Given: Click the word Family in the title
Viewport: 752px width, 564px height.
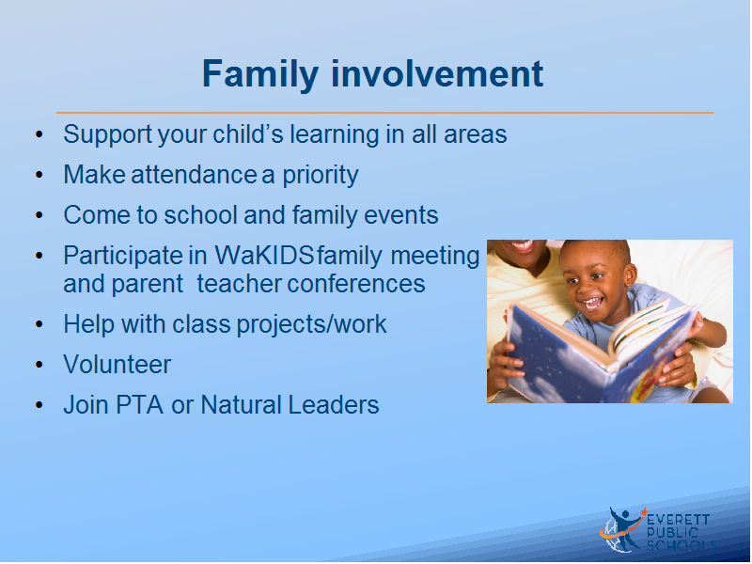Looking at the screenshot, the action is pos(260,74).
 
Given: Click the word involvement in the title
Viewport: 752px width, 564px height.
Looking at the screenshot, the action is pos(437,73).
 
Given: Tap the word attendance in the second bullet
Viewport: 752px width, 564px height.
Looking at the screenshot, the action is pos(194,175).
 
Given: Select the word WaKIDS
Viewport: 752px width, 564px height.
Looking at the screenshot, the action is pos(264,256).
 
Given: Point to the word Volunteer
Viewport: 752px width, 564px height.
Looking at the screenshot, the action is pos(117,365).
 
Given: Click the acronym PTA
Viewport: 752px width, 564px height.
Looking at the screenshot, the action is pos(139,405).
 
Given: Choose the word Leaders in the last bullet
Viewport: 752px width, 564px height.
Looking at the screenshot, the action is pos(334,405).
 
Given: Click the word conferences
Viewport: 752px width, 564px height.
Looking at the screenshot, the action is pos(356,284).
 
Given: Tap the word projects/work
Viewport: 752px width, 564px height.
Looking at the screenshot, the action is pos(312,324).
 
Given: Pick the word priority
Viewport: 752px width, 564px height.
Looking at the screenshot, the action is pos(320,176).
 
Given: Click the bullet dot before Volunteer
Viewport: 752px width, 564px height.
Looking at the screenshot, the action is pos(39,365).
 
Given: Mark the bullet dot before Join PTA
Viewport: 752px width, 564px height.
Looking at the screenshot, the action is pos(39,405).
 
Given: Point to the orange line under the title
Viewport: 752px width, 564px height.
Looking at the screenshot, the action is pos(384,113).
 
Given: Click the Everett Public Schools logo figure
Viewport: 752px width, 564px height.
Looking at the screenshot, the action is pos(622,529).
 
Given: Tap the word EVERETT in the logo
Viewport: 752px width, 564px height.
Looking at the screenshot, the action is pos(678,520).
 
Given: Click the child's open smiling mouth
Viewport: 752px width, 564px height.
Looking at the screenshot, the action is pos(592,303).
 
